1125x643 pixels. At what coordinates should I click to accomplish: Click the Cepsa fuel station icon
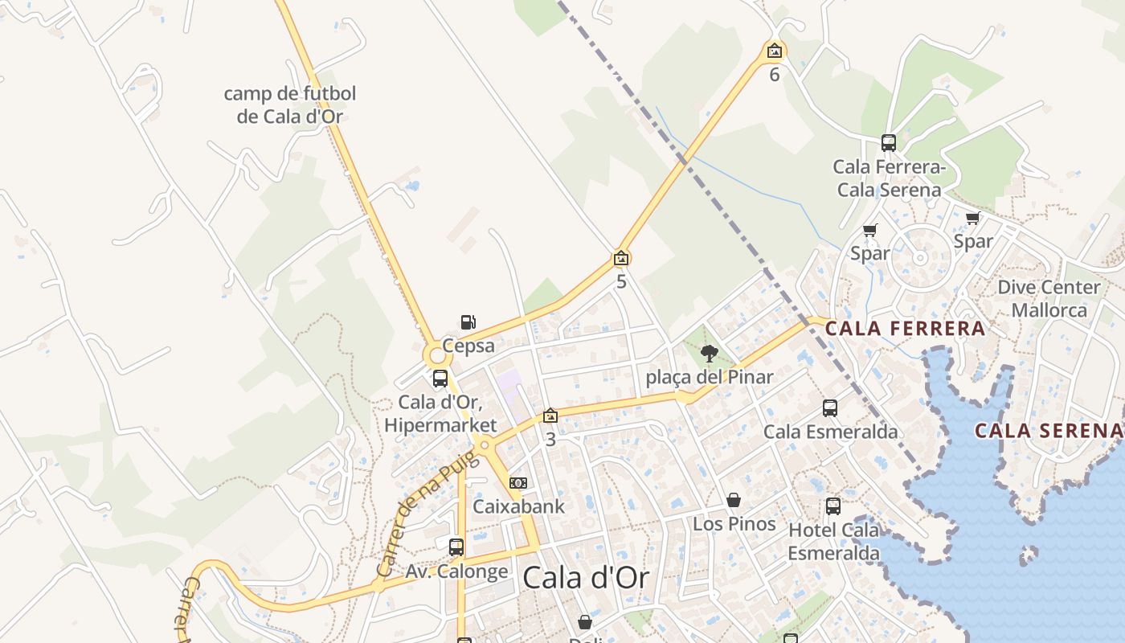pos(468,322)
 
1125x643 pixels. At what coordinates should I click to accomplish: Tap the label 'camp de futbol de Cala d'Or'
pos(289,104)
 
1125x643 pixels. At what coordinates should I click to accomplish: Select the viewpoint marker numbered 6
pos(774,52)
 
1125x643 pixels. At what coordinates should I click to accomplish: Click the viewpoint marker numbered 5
pos(621,258)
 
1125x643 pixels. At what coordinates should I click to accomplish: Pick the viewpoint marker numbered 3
pos(550,416)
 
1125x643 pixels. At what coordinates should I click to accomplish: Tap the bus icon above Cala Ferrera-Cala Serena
pos(888,143)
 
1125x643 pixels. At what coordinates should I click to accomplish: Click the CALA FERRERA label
pos(905,328)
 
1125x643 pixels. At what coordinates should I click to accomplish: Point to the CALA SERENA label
pos(1048,430)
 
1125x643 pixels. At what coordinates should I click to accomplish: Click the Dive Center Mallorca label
pos(1049,298)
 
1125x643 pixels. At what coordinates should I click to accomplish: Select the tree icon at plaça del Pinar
pos(709,353)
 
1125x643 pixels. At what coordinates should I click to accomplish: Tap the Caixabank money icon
pos(518,483)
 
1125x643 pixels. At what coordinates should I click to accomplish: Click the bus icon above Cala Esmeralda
pos(830,408)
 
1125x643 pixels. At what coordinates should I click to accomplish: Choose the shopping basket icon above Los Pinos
pos(734,501)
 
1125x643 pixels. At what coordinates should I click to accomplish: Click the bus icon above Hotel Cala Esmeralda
pos(833,506)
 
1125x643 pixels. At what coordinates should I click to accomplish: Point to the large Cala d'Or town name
pos(585,577)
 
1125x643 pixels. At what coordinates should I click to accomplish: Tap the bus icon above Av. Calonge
pos(456,547)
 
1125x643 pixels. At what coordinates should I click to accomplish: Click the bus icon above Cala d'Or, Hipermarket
pos(440,379)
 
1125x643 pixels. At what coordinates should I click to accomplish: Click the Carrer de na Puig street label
pos(426,514)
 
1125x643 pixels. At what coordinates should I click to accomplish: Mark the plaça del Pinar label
pos(710,376)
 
